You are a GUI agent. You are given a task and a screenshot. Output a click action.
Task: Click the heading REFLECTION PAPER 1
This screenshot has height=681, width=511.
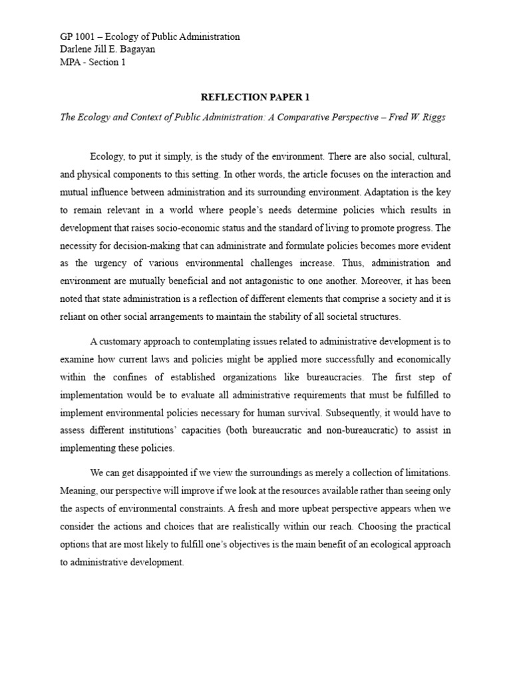coord(255,97)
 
